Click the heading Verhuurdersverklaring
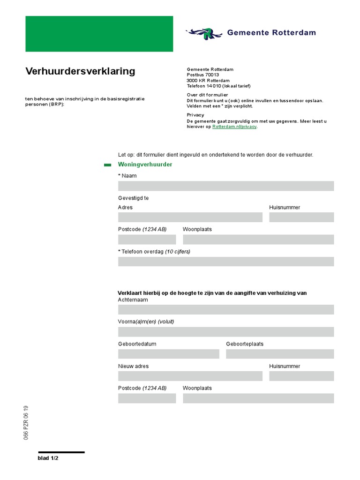tap(80, 71)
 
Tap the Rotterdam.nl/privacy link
tap(234, 127)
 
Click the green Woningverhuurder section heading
tap(145, 165)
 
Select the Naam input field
tap(226, 186)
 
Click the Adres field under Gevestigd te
tap(190, 217)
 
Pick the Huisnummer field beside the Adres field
tap(301, 217)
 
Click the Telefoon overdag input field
tap(226, 262)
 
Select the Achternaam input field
tap(226, 309)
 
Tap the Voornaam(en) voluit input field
tap(226, 332)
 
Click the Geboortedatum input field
tap(169, 354)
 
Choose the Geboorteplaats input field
tap(280, 354)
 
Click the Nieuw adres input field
tap(190, 376)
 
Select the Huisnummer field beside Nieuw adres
tap(301, 376)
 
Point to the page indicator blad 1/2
tap(48, 458)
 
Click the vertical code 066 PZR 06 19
tap(26, 422)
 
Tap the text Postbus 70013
tap(203, 75)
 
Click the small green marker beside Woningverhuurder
tap(107, 165)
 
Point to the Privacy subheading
tap(195, 115)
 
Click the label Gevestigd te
tap(134, 198)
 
